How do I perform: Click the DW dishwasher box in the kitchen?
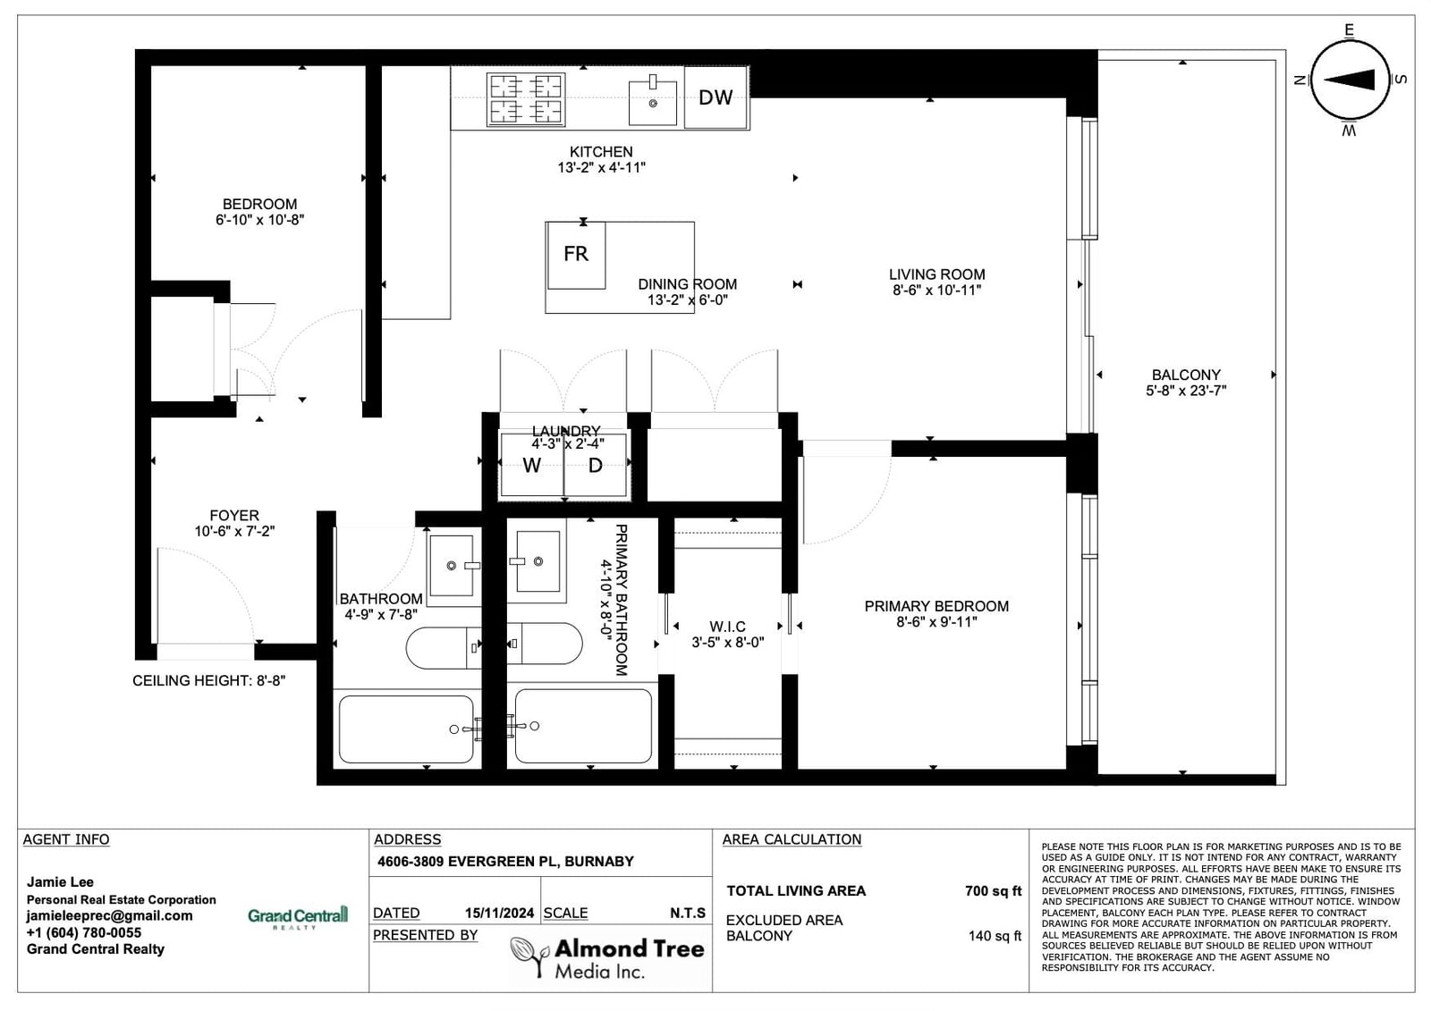[716, 97]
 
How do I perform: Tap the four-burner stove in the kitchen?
[525, 99]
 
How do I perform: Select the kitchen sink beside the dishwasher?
[652, 101]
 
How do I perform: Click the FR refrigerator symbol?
[576, 254]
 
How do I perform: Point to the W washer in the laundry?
[532, 464]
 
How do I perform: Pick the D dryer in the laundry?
[595, 464]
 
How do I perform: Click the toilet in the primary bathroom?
[545, 644]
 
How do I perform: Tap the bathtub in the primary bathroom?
[582, 726]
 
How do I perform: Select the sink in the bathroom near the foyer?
[453, 566]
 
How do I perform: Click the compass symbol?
[1350, 80]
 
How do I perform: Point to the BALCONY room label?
[1186, 375]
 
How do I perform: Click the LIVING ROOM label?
[936, 274]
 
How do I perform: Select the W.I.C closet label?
[727, 627]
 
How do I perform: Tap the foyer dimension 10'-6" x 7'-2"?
[234, 531]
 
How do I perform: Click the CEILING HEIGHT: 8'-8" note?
[209, 681]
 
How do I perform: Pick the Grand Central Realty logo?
[298, 917]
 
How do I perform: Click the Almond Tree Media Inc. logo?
[607, 957]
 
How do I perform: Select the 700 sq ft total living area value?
[994, 891]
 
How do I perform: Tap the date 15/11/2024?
[499, 914]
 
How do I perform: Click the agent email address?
[109, 916]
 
